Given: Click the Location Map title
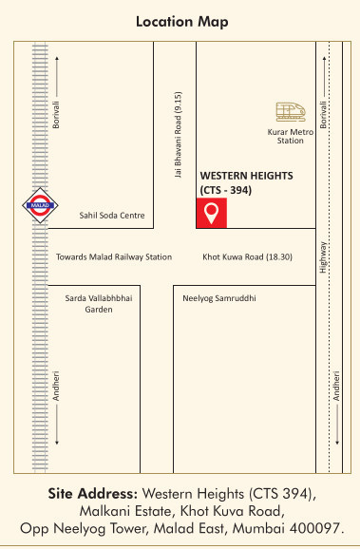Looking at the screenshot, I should (x=180, y=20).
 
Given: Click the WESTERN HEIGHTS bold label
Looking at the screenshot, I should (x=246, y=177).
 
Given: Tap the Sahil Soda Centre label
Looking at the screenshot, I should (x=112, y=216).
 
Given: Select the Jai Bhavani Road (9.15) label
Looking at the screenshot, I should (x=178, y=136).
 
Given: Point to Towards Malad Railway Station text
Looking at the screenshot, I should (x=114, y=256).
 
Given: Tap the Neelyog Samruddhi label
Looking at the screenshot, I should (x=220, y=298).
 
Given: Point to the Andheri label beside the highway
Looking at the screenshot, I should (x=334, y=385).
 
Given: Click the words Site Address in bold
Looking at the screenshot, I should (x=93, y=494).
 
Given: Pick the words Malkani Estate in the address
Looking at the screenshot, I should (x=126, y=511).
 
